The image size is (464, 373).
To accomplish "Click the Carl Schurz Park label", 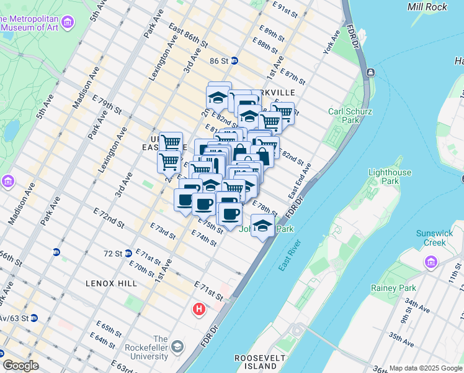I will coord(343,116).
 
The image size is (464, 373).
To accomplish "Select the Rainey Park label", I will coord(393,288).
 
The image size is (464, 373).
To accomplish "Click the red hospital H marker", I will coord(199,308).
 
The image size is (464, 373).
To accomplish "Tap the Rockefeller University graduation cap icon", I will coord(177,346).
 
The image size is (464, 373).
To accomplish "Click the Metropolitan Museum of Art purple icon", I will coord(68,23).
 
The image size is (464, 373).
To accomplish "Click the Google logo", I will coord(21,366).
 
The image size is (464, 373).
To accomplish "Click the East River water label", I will coord(289,255).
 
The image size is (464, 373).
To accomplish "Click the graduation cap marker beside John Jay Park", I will coord(263,224).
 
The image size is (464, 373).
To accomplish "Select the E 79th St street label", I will coord(109,104).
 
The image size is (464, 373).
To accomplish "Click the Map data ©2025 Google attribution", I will coord(425,367).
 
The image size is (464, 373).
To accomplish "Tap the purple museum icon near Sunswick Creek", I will coord(431,262).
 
